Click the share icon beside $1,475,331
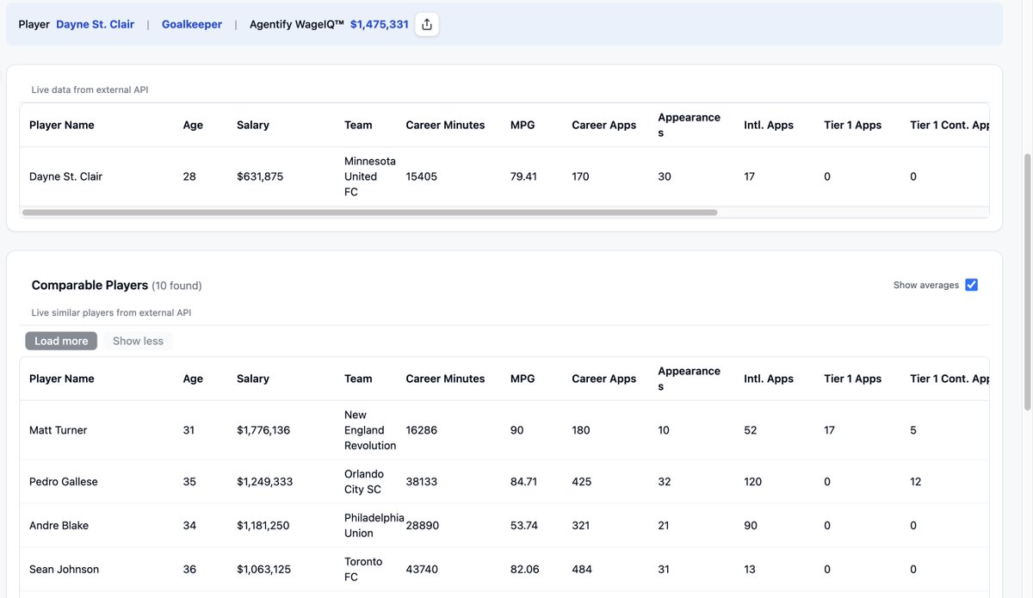(x=426, y=25)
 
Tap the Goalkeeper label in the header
(x=192, y=25)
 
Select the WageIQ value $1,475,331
(x=379, y=25)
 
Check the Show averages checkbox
(x=971, y=285)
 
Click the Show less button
(x=138, y=341)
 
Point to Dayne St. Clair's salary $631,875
(x=260, y=176)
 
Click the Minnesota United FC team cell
(x=370, y=176)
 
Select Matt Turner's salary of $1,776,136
(x=263, y=430)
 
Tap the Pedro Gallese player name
(x=64, y=482)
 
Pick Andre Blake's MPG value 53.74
(x=523, y=526)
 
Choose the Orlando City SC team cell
(x=363, y=482)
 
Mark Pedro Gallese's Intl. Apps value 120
(x=752, y=482)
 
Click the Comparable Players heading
(x=90, y=285)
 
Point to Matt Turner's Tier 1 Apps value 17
(x=829, y=430)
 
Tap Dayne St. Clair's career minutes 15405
(x=422, y=176)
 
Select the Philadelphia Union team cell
(x=374, y=526)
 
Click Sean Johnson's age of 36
(x=189, y=570)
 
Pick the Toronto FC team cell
(x=363, y=570)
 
